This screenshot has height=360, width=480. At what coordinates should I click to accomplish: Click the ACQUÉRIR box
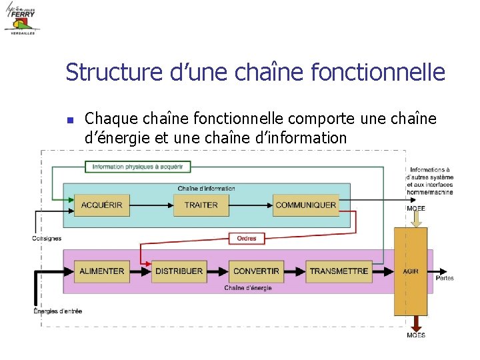click(x=101, y=205)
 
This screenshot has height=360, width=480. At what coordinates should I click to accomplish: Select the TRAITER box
click(x=201, y=205)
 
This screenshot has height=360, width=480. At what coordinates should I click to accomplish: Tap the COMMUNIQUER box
click(x=305, y=205)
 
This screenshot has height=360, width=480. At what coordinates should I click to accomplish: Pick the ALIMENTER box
click(x=101, y=271)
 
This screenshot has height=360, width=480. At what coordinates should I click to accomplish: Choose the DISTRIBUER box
click(x=179, y=271)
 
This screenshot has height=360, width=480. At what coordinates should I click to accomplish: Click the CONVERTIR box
click(x=256, y=271)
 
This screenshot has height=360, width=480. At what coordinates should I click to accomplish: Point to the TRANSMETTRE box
click(x=339, y=271)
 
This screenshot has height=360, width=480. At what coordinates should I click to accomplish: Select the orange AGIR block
click(x=411, y=271)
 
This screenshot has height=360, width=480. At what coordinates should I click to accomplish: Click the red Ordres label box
click(x=247, y=238)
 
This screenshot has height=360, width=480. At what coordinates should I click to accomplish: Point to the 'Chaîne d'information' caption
click(x=206, y=189)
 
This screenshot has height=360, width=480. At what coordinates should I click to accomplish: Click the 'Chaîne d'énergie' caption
click(x=247, y=288)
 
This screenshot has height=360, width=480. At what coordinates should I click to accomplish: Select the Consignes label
click(x=47, y=238)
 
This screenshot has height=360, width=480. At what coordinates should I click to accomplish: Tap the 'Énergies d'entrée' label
click(x=58, y=311)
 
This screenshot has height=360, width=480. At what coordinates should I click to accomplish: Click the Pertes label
click(x=445, y=278)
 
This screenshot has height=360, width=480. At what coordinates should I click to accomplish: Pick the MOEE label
click(x=416, y=209)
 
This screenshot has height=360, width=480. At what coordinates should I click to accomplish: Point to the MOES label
click(x=416, y=335)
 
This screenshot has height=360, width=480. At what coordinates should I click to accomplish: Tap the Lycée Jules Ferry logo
click(x=22, y=19)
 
